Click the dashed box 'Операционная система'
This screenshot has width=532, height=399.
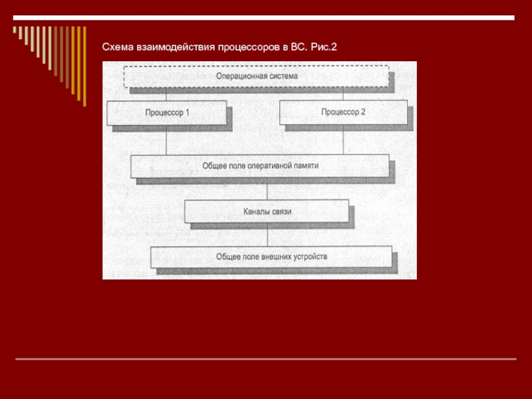(256, 76)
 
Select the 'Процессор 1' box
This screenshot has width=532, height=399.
(167, 112)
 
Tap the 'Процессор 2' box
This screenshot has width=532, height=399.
(343, 112)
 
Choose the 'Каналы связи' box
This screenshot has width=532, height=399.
(266, 211)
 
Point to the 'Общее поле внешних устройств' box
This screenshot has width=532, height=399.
(271, 257)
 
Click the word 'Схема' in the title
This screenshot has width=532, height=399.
(116, 48)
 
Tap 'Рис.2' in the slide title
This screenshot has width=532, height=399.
(324, 48)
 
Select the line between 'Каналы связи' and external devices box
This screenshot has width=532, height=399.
(267, 234)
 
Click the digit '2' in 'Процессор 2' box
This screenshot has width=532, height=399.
(363, 112)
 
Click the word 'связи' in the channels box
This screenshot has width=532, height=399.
(281, 211)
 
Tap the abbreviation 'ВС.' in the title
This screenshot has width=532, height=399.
(299, 48)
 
